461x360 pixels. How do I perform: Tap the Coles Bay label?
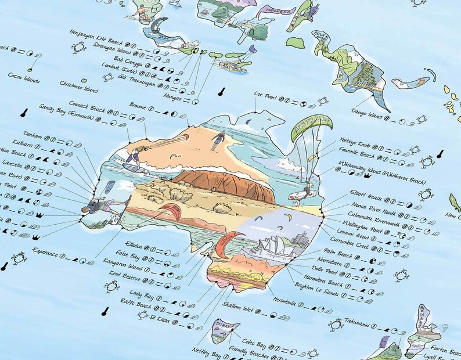[254, 341]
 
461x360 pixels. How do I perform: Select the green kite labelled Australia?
[311, 131]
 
